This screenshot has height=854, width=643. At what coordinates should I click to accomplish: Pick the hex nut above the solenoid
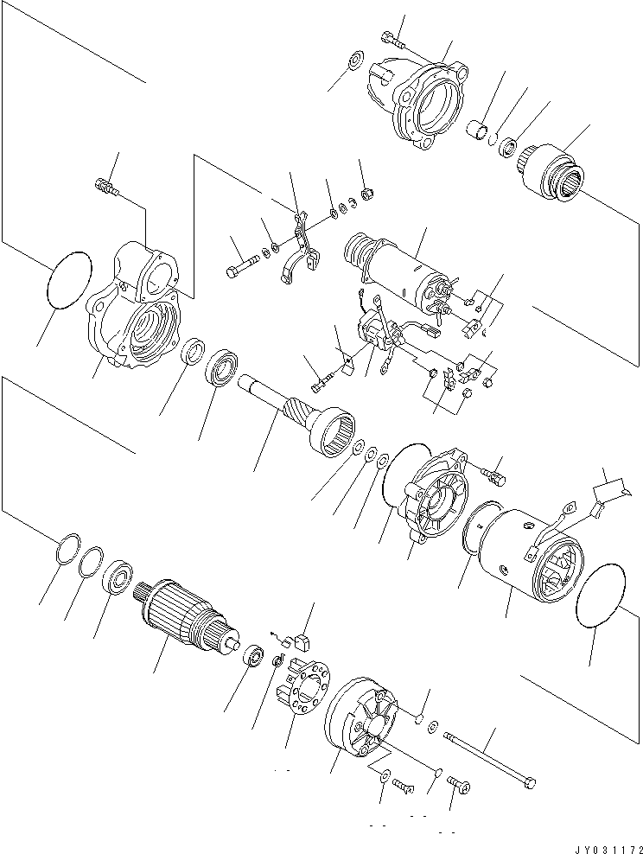coord(365,193)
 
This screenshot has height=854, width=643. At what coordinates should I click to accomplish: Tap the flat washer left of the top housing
coord(354,63)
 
